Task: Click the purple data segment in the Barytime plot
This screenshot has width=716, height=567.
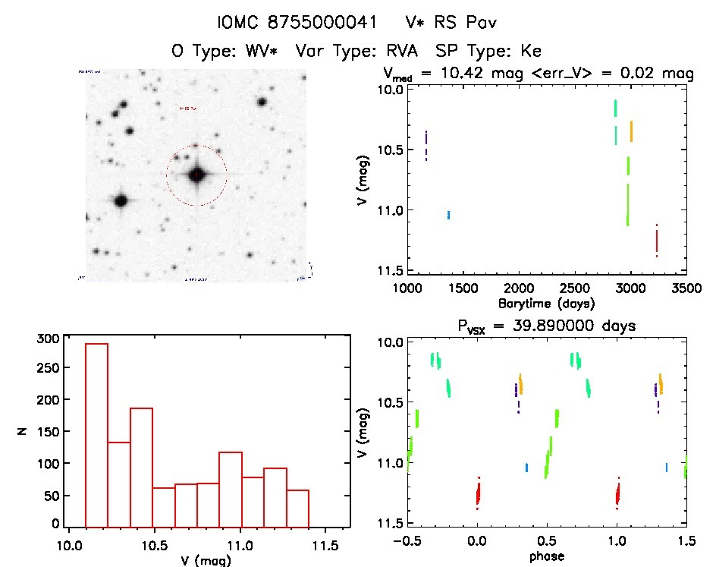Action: (426, 145)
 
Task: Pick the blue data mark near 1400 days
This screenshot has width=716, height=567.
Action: (449, 215)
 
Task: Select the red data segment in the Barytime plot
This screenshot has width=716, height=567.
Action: (657, 241)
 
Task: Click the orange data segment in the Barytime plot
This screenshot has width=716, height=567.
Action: (631, 131)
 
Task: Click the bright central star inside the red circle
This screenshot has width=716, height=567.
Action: (197, 175)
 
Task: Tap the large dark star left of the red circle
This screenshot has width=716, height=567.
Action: (120, 200)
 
